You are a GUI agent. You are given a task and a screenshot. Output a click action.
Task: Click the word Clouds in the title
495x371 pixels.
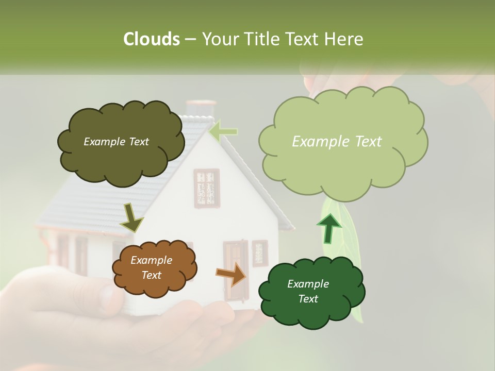click(151, 39)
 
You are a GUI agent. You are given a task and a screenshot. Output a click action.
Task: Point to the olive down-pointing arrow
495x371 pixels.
click(131, 217)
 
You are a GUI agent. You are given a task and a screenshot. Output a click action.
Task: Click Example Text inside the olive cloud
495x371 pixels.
click(116, 142)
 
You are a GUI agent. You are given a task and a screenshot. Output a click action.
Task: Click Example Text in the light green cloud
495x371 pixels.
click(337, 142)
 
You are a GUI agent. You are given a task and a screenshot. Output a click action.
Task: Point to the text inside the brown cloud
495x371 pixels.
click(151, 268)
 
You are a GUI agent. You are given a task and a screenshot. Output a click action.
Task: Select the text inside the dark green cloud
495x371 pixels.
click(308, 292)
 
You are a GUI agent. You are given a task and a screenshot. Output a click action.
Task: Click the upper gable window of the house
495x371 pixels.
click(206, 188)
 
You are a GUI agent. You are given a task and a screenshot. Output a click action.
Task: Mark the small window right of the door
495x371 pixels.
click(259, 252)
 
